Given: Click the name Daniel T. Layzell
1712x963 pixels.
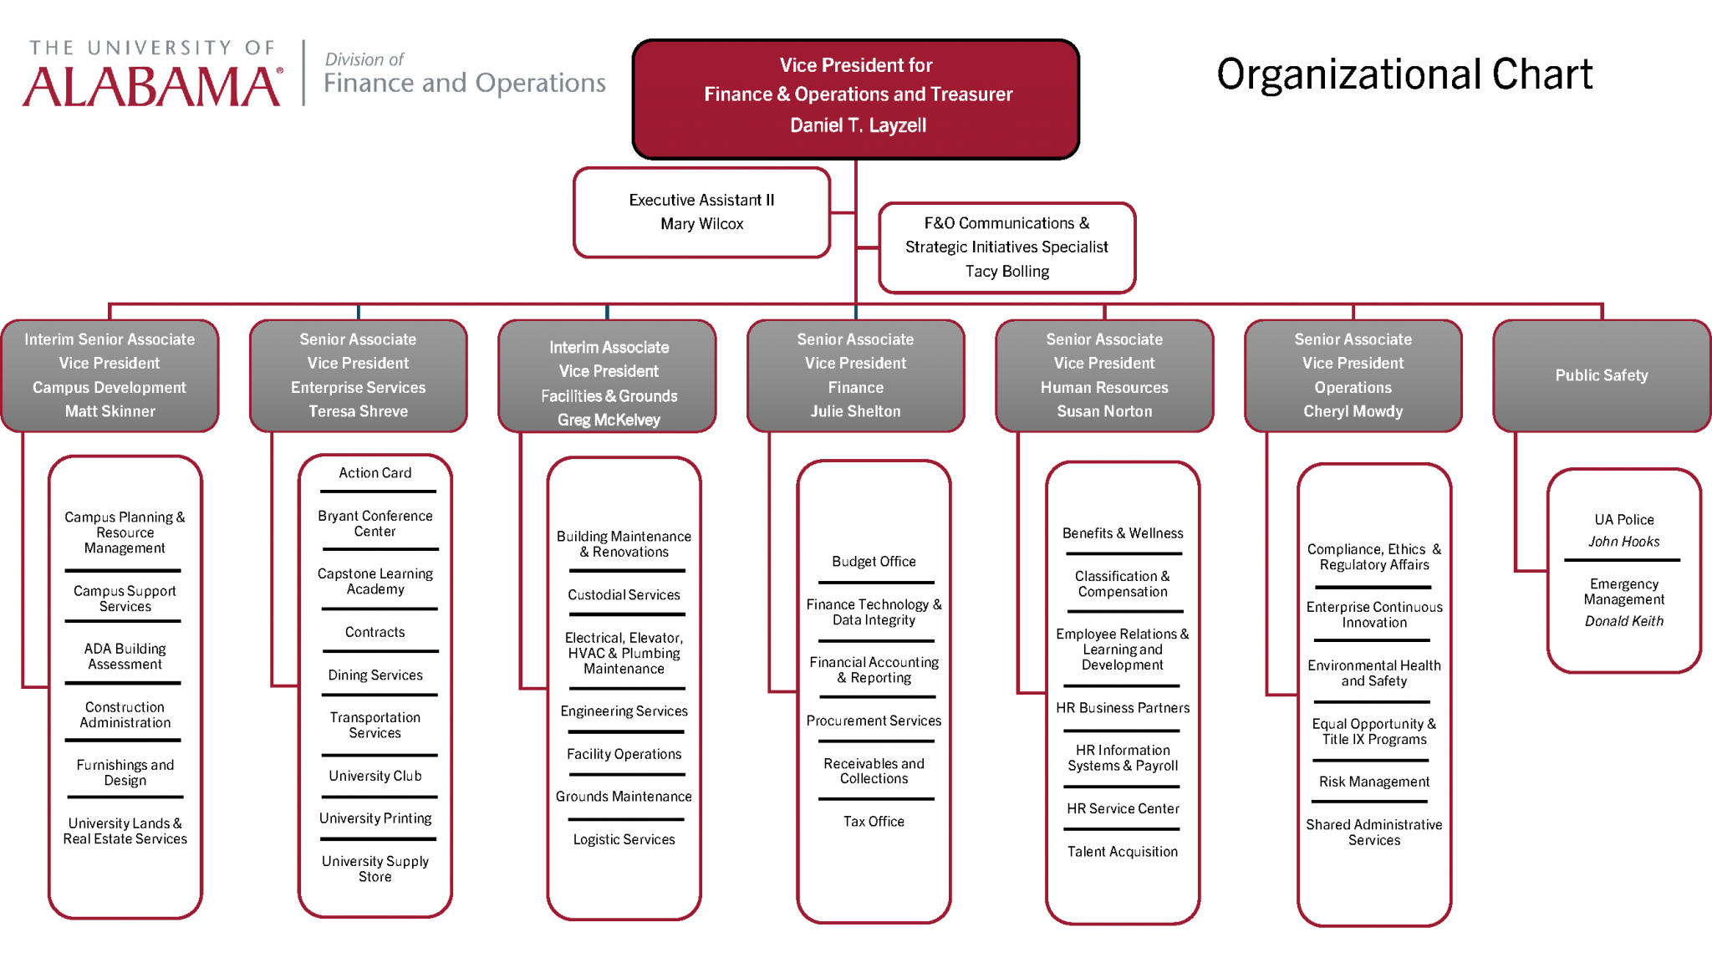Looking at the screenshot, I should tap(858, 125).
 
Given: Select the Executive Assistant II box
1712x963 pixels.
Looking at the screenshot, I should tap(701, 211).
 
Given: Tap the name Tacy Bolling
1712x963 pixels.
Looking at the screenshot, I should tap(1006, 272).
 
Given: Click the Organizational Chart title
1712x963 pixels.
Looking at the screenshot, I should tap(1404, 74).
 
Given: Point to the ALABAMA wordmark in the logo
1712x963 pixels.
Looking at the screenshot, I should tap(152, 86).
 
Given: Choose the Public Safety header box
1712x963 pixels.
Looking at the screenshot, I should tap(1601, 375).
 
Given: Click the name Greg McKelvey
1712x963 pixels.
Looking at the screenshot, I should tap(609, 420).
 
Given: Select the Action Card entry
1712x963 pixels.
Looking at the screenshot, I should tap(374, 473).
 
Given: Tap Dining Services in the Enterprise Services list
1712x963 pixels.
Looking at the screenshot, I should tap(374, 675).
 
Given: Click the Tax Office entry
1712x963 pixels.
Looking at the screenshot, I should tap(874, 822).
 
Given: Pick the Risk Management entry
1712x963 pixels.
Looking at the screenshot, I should tap(1373, 782).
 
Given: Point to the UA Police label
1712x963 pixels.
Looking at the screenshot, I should tap(1623, 520).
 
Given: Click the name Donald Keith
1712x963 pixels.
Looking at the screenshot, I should tap(1623, 621).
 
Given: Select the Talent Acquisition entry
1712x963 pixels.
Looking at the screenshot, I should tap(1122, 852).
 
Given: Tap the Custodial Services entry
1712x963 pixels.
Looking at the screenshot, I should tap(624, 595).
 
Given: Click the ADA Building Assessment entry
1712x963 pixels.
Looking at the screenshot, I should tap(125, 656).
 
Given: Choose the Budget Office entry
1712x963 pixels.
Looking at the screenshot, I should tap(874, 562).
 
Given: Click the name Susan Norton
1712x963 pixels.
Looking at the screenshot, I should tap(1103, 411).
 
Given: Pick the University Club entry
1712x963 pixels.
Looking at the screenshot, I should tap(374, 776).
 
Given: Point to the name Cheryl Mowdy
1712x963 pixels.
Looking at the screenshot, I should tap(1353, 411).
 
